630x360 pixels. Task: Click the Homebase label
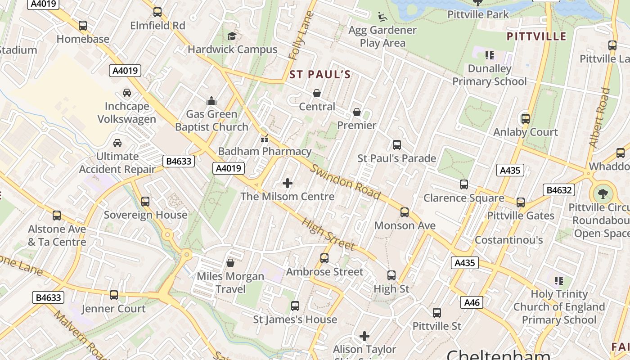pos(83,39)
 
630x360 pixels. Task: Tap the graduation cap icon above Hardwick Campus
pos(232,36)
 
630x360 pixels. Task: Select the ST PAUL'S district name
pos(320,75)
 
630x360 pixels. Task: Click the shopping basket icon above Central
pos(317,93)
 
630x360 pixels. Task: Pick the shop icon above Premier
pos(357,112)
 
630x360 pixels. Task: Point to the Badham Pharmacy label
pos(265,151)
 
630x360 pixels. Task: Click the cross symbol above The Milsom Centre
pos(288,183)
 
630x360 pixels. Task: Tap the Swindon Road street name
pos(346,182)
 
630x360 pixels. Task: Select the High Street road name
pos(328,234)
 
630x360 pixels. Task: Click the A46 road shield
pos(472,302)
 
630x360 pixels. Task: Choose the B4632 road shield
pos(559,190)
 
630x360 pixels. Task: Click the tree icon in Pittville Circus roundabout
pos(603,194)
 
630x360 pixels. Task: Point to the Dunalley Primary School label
pos(489,75)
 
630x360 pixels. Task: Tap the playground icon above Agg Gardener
pos(382,17)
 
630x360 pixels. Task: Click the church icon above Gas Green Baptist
pos(211,100)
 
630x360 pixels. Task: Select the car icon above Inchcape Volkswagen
pos(127,93)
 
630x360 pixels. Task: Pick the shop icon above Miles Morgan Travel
pos(230,263)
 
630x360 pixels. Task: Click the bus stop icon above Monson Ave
pos(405,212)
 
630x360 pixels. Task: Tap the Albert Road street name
pos(599,118)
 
